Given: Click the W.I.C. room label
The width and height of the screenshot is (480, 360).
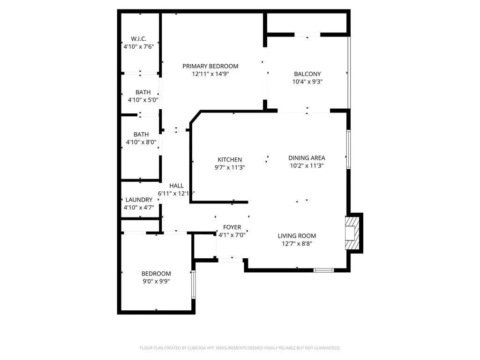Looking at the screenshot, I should click(138, 38).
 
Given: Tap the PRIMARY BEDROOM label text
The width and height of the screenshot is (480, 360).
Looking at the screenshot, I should click(210, 66).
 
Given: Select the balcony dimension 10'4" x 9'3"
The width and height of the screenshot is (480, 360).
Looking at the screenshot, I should click(307, 82).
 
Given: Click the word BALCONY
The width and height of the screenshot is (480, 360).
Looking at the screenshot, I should click(307, 74).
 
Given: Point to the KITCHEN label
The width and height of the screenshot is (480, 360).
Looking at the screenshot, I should click(230, 159).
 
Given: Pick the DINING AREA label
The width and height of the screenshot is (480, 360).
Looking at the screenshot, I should click(307, 157).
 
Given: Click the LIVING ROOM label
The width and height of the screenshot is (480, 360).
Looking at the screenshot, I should click(297, 236).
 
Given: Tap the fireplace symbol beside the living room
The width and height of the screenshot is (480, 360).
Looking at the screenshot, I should click(353, 233).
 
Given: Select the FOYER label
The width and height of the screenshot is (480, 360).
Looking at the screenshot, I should click(232, 227).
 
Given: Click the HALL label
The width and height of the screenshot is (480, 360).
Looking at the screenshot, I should click(176, 186).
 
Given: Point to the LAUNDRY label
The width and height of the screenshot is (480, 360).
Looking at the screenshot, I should click(138, 199).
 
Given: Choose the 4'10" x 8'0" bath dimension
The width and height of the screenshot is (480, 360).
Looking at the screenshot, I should click(141, 142).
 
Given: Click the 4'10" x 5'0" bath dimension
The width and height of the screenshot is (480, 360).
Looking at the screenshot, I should click(143, 100).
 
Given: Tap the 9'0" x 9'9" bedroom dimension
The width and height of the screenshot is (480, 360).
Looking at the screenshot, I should click(156, 281).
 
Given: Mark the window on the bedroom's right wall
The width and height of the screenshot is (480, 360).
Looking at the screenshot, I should click(193, 284).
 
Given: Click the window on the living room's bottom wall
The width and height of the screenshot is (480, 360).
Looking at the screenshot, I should click(323, 270).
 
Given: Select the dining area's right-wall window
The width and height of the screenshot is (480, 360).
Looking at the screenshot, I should click(348, 149).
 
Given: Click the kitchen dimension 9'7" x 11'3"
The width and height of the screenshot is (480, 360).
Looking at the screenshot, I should click(230, 167).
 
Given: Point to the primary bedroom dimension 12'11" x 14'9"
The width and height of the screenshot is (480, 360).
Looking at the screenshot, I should click(210, 74).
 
